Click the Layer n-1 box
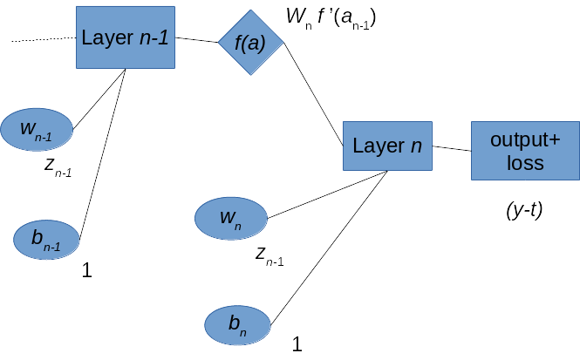click(125, 37)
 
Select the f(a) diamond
click(250, 43)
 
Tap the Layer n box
click(387, 146)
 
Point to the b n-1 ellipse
click(47, 240)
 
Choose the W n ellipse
click(230, 218)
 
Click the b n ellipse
click(237, 325)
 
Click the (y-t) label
click(524, 210)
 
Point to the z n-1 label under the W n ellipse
click(270, 255)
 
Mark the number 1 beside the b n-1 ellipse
click(86, 271)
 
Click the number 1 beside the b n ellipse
click(297, 344)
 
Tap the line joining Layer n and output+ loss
click(452, 149)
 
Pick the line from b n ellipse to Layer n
click(330, 246)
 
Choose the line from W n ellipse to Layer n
click(327, 194)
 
